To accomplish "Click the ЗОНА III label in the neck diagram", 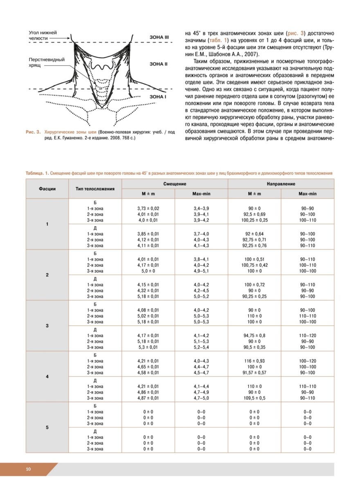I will [159, 37].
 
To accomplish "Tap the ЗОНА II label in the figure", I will [158, 64].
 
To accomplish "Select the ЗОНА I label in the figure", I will [157, 96].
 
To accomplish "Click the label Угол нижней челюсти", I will [43, 35].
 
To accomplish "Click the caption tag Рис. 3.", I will [33, 132].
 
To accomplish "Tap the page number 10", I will [28, 469].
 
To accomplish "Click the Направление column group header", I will [281, 185].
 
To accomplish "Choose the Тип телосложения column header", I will [95, 189].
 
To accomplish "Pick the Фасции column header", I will [47, 189].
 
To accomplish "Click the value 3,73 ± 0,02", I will [148, 208].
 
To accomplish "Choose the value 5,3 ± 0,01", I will [148, 347].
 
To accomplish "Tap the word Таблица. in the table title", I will [35, 173].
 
